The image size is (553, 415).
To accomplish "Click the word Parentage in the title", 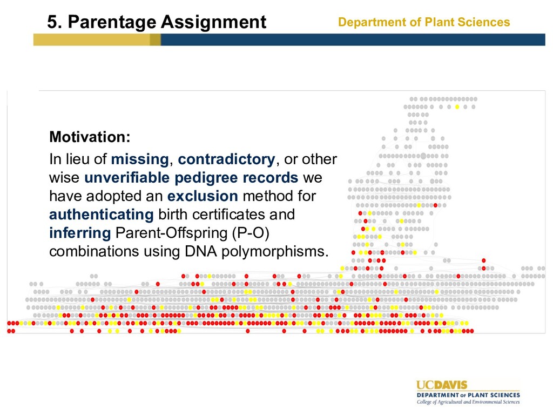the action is (111, 23).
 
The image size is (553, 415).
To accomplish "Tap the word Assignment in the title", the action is (213, 23).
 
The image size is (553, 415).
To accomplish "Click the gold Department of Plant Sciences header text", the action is (424, 22).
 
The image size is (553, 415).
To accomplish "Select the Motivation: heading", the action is (90, 137).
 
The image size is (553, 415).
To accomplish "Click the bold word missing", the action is (140, 159).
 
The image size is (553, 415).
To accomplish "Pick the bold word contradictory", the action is (226, 159).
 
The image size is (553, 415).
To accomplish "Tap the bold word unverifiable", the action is (127, 177).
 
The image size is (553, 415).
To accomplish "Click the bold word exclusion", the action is (203, 196).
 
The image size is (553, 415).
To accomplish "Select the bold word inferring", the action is (80, 233).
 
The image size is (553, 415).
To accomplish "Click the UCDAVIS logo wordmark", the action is (442, 385).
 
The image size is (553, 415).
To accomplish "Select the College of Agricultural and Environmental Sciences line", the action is (468, 402).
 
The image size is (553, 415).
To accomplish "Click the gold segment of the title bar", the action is (97, 39).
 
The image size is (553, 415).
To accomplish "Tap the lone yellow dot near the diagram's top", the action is (457, 106).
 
